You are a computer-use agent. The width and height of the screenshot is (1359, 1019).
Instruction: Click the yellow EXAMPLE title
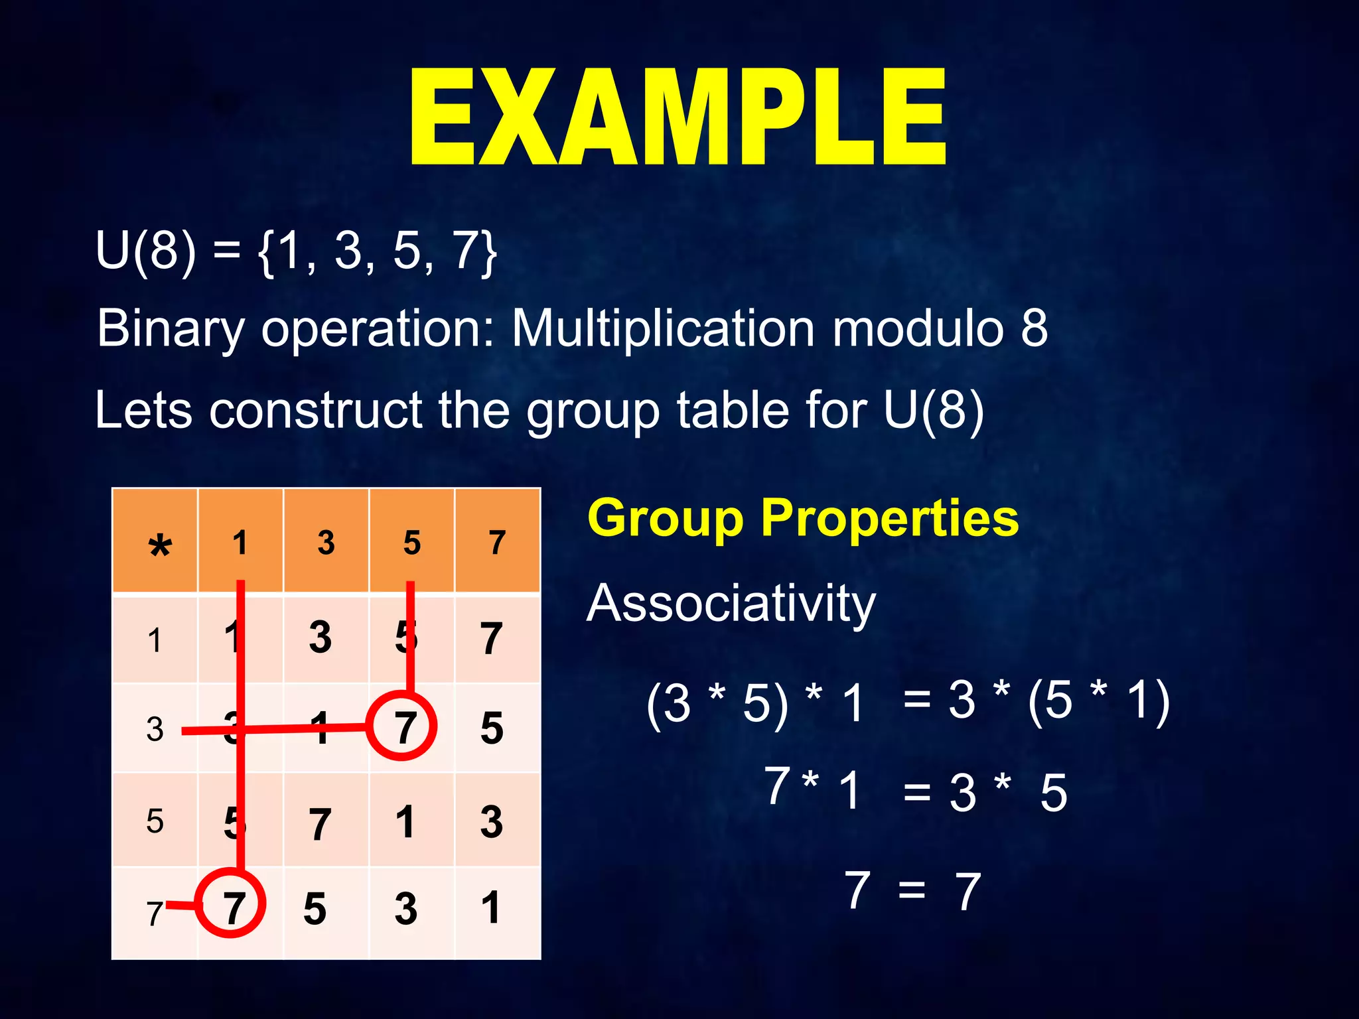678,118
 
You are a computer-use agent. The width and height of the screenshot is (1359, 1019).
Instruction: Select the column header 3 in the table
326,543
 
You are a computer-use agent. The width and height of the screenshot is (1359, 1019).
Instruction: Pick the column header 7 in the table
497,543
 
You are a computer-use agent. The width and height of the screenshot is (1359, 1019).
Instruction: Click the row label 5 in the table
155,821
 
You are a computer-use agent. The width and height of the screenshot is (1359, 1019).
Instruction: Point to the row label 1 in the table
155,641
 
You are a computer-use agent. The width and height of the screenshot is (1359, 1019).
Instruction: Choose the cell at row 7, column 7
491,908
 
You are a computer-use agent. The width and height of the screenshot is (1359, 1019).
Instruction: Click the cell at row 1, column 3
321,638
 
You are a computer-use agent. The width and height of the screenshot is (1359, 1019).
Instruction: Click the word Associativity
731,604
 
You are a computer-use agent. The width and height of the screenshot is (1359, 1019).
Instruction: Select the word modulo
918,328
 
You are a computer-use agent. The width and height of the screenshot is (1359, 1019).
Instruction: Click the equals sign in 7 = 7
912,889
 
